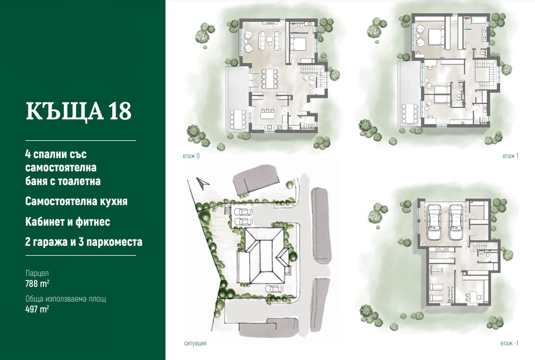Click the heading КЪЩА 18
[79, 111]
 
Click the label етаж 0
[191, 156]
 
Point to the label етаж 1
[510, 156]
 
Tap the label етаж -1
[509, 343]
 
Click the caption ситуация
[195, 343]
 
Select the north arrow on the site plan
[203, 183]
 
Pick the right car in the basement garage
[456, 222]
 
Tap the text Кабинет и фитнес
[68, 222]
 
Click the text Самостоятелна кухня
[76, 201]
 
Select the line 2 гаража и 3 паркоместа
[84, 242]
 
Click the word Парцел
[37, 273]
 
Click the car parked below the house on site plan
[274, 289]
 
